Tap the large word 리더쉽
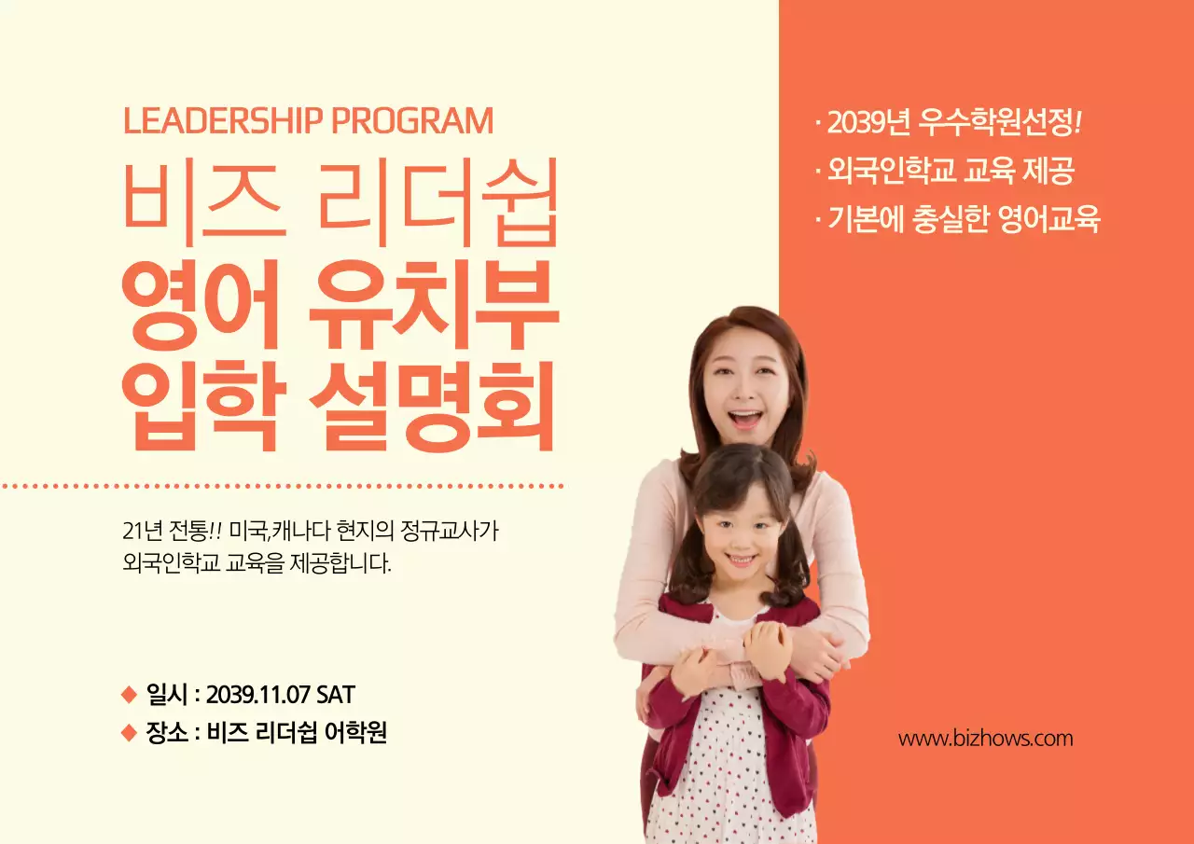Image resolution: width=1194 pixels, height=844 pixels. (x=437, y=201)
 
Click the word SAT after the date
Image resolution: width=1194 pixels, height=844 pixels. (x=336, y=695)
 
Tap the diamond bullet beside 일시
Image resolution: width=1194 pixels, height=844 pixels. (x=129, y=695)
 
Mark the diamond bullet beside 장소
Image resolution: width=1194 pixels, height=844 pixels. (x=129, y=733)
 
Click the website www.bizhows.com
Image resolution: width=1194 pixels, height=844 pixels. (x=985, y=739)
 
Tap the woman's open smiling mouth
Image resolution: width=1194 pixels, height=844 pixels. (x=744, y=419)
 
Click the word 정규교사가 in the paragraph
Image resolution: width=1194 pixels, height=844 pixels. (x=464, y=532)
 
